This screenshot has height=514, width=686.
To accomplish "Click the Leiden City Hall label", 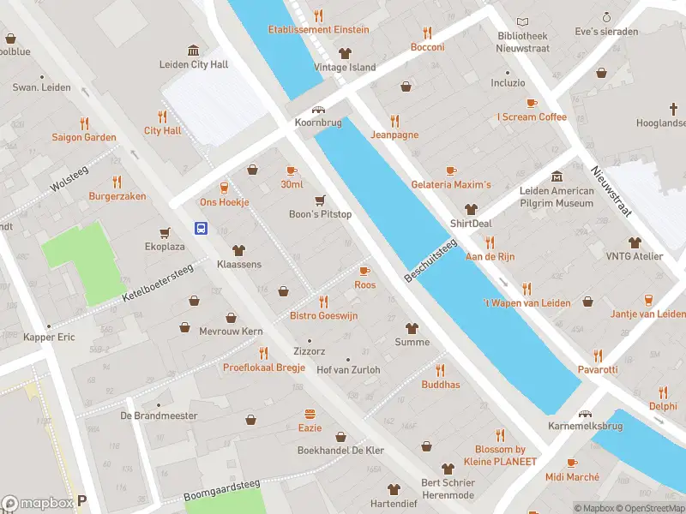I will tap(193, 64).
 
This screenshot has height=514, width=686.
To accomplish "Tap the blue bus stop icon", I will tap(201, 228).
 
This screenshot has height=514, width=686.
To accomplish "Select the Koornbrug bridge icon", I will tap(319, 110).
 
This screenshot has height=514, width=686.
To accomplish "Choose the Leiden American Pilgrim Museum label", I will tap(557, 197).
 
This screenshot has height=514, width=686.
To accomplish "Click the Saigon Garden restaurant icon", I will tap(84, 123).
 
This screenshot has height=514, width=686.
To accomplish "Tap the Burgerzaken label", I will tap(117, 196).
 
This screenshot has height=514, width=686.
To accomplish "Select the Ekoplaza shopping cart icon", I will tap(164, 232).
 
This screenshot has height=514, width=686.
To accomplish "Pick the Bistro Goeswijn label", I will tap(323, 316).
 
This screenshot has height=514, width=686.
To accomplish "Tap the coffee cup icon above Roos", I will tap(364, 271).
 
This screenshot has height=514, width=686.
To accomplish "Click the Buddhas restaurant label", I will tap(441, 385).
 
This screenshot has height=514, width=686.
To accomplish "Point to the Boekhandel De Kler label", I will tap(340, 450).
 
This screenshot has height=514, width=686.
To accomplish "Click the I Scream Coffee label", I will tap(532, 117).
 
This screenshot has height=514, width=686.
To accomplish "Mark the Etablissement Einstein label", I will tap(318, 29).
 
